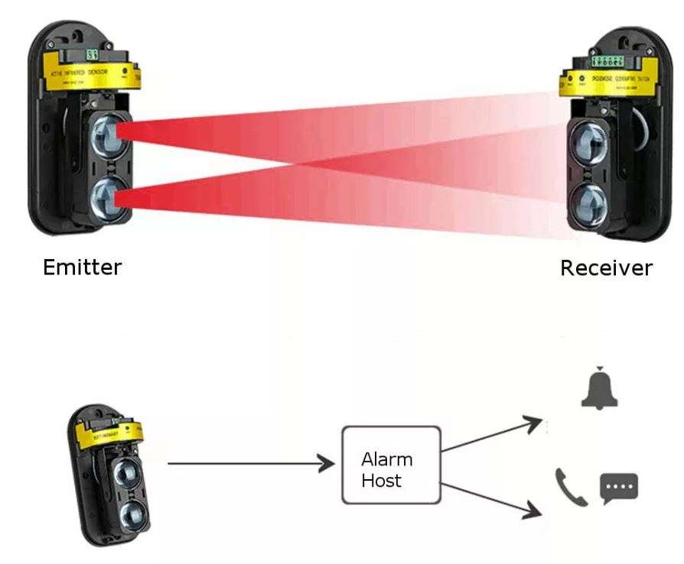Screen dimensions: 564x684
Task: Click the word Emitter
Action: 82,267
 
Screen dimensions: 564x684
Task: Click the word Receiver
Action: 606,268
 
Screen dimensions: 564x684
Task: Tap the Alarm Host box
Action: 390,465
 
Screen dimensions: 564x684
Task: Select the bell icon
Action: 599,390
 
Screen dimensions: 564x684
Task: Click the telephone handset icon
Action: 571,487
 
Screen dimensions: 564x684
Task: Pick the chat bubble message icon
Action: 619,488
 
